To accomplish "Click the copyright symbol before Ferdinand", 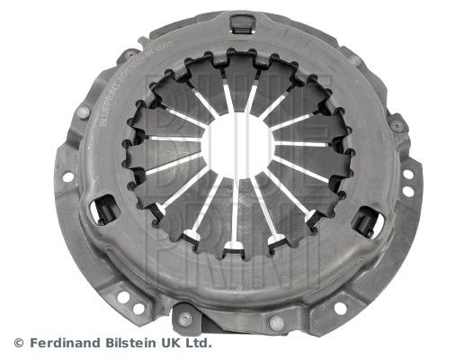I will click(x=19, y=342).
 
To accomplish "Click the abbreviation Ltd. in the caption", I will click(x=202, y=342).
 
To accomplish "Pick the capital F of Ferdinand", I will click(x=32, y=342).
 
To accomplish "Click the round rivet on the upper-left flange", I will click(x=84, y=112).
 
